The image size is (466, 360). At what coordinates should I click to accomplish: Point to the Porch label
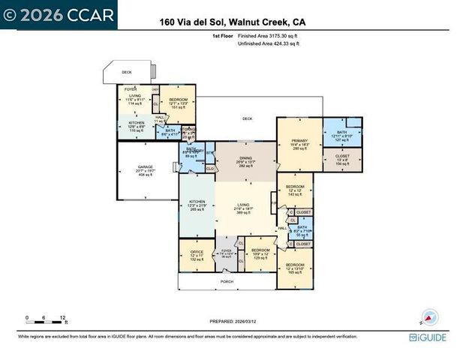[x=227, y=282]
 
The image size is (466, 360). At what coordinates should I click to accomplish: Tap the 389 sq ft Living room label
[x=245, y=206]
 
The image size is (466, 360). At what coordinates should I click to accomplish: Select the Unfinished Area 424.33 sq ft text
[x=268, y=44]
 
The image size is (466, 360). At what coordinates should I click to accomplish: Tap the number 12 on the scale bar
[x=64, y=317]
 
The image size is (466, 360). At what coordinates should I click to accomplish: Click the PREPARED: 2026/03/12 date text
[x=233, y=322]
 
